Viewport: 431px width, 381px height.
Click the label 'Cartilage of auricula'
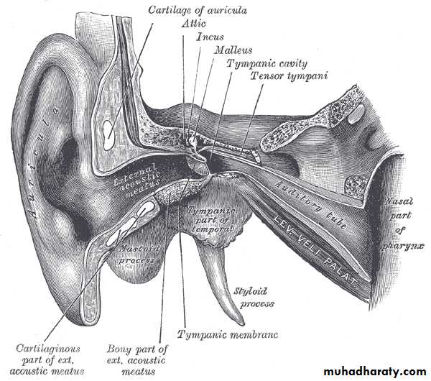198,10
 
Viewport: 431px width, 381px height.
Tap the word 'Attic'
193,24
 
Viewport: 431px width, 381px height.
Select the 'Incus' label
210,37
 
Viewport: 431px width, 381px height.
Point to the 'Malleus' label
233,50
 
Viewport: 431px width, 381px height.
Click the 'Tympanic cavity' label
267,63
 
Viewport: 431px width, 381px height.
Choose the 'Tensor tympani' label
289,75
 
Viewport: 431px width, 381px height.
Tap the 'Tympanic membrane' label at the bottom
228,334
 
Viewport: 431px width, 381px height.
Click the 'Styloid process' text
254,298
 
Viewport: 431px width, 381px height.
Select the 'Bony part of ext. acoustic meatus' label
137,360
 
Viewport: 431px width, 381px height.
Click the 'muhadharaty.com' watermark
375,372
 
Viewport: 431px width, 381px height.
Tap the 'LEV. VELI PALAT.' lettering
315,249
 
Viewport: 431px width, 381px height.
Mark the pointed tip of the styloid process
242,323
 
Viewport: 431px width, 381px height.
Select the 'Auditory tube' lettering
310,205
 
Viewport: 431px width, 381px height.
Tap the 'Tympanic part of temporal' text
211,219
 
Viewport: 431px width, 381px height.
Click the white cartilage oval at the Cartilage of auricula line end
108,135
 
